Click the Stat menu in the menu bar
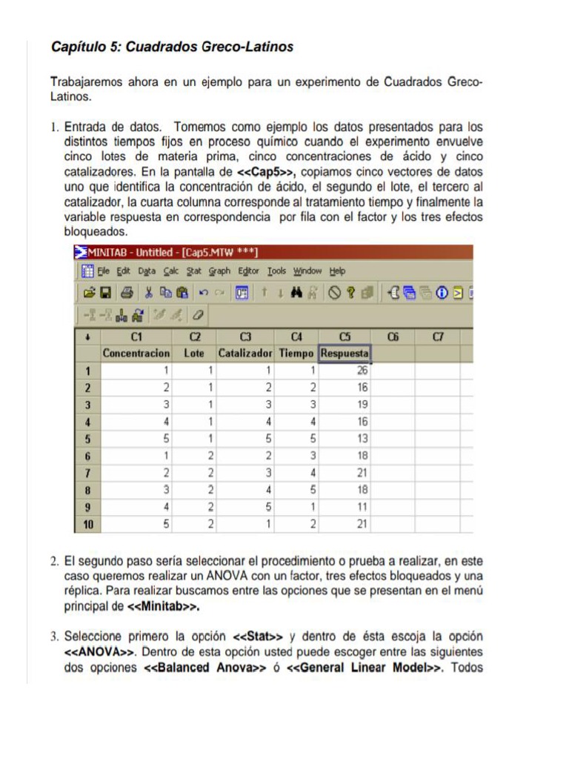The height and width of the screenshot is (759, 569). [194, 271]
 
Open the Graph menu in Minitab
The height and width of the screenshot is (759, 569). [219, 271]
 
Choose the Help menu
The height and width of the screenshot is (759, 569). [337, 271]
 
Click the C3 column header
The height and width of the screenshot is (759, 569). [245, 337]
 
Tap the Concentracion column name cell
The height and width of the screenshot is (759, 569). [136, 354]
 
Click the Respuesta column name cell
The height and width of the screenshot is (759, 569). [345, 354]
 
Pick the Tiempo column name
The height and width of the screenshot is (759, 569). [296, 354]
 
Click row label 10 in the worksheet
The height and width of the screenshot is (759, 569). [87, 524]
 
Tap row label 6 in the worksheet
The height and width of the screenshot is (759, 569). [87, 455]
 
